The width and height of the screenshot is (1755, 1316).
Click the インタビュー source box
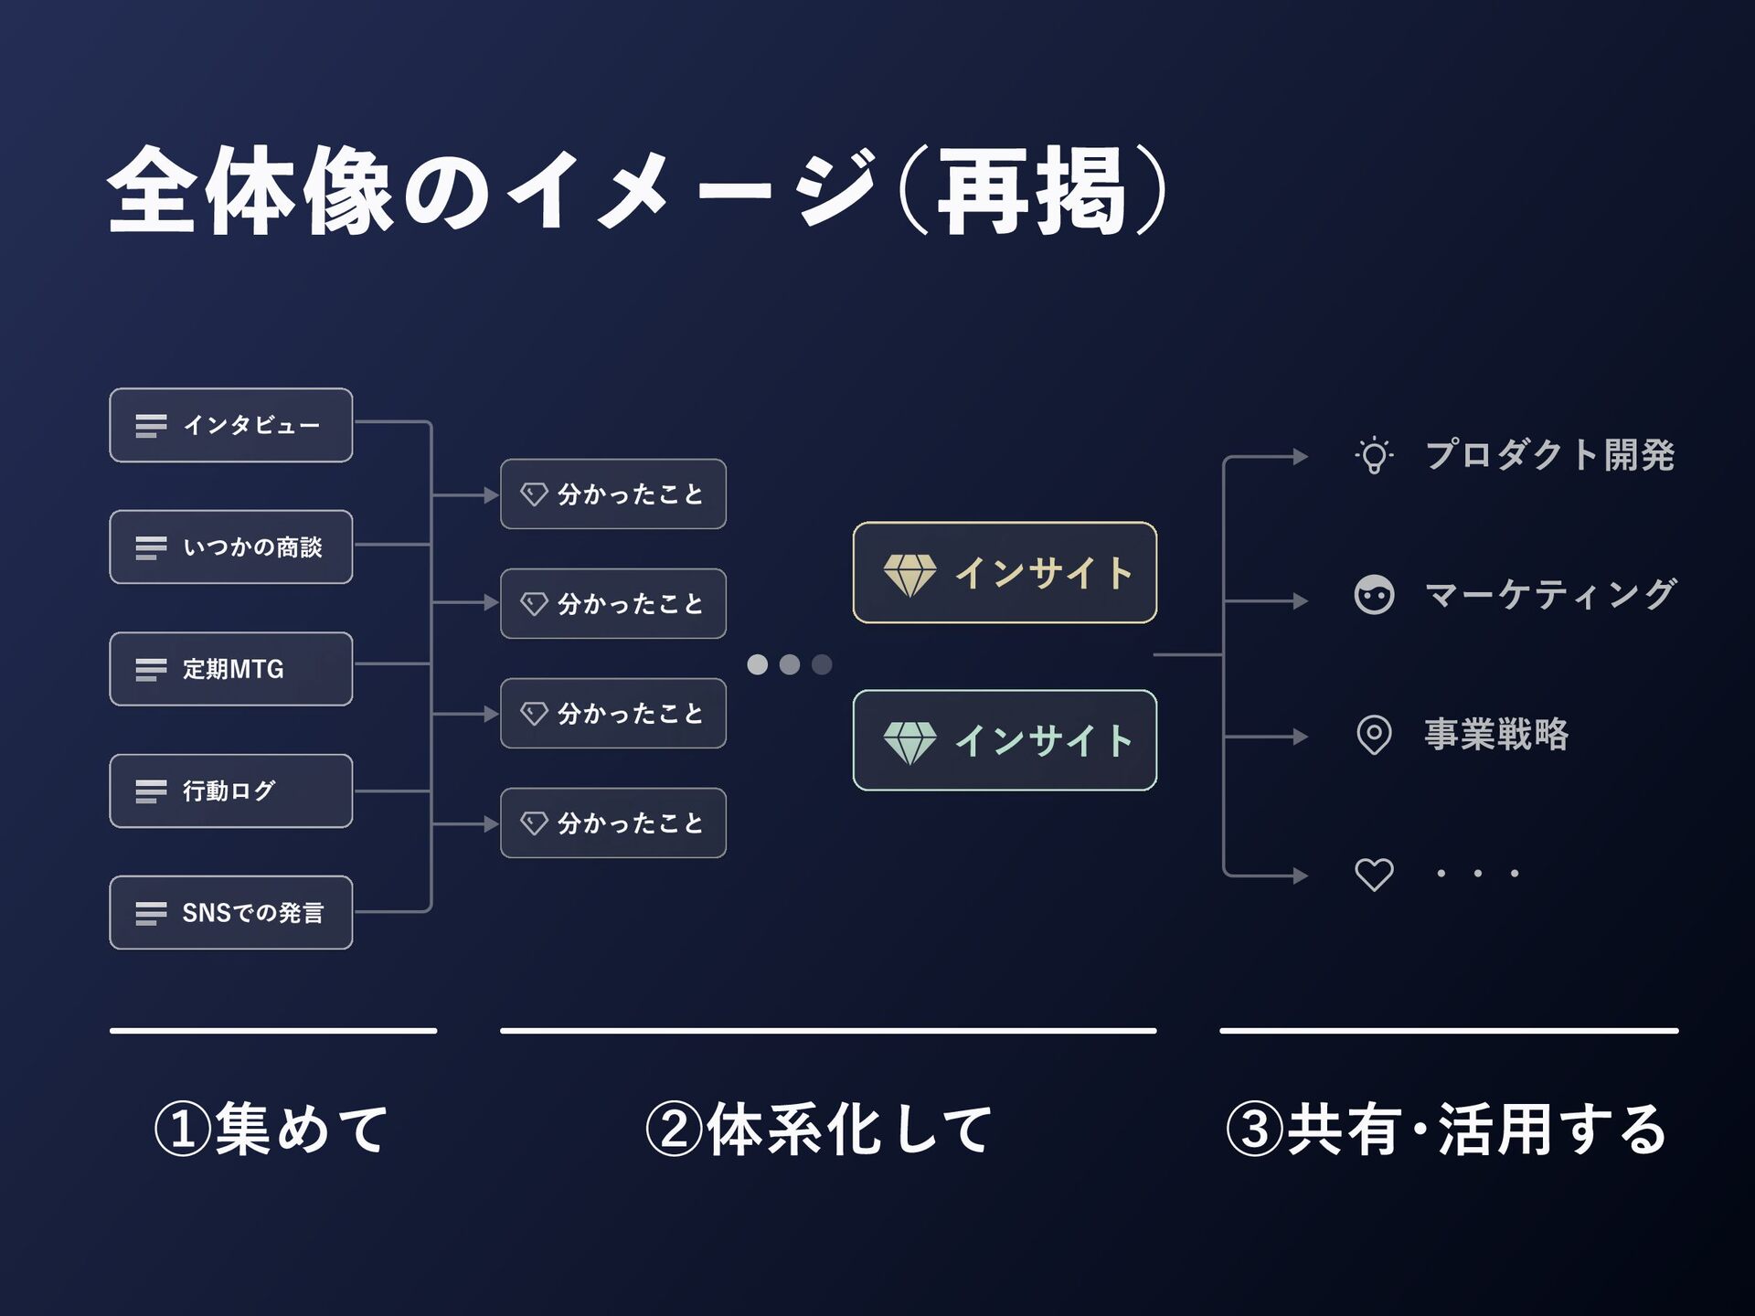point(230,425)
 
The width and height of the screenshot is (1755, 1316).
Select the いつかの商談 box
point(230,547)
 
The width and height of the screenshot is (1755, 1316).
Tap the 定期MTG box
point(230,669)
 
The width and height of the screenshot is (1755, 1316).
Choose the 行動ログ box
point(230,791)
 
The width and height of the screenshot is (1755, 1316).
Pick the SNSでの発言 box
point(230,912)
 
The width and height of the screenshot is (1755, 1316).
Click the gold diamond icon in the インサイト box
point(909,575)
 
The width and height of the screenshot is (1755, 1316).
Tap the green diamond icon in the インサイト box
point(909,742)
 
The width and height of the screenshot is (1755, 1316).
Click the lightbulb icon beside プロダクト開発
point(1374,455)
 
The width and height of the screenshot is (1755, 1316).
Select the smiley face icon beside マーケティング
point(1374,595)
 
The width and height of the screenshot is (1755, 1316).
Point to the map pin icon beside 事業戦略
point(1374,735)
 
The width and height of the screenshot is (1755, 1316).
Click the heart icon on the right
point(1374,875)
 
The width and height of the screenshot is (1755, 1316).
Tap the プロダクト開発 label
point(1549,455)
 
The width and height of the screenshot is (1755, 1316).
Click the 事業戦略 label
point(1496,735)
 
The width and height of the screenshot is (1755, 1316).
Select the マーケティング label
point(1550,595)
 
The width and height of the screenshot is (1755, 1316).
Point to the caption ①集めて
point(272,1129)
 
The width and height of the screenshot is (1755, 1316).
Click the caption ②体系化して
point(819,1129)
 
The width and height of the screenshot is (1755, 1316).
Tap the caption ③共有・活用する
point(1447,1129)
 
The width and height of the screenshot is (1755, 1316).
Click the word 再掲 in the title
point(1030,192)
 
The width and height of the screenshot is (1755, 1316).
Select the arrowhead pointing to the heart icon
point(1301,876)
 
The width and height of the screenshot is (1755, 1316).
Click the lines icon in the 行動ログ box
point(151,791)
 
